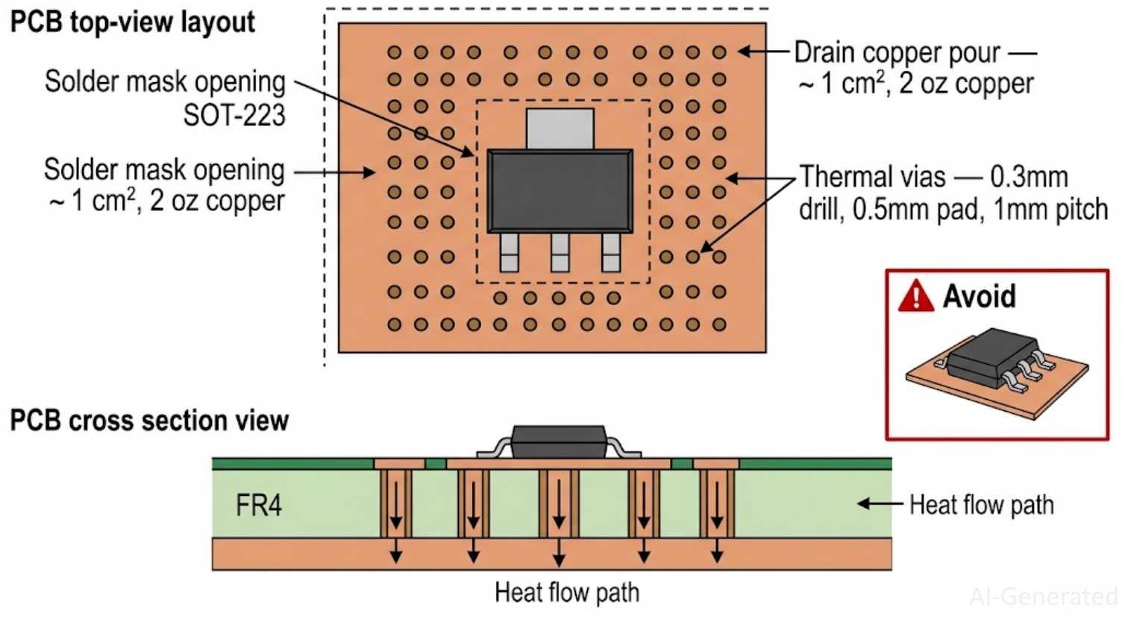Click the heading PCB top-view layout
point(132,22)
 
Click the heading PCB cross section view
point(149,421)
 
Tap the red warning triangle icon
point(915,296)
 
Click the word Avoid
point(979,296)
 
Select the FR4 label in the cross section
point(258,506)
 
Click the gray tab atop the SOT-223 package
point(560,129)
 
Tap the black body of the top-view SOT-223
point(560,191)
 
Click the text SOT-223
point(234,115)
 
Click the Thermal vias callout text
point(953,193)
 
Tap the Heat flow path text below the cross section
point(567,593)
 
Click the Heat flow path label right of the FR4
point(981,505)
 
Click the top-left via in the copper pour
point(395,52)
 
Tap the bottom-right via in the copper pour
point(719,324)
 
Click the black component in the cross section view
point(559,442)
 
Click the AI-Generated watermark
point(1043,597)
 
